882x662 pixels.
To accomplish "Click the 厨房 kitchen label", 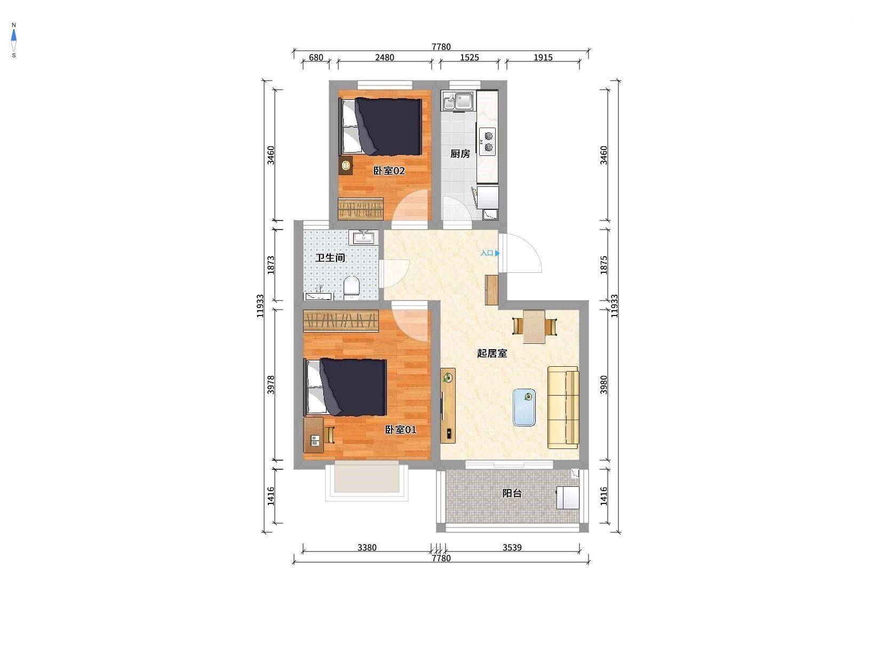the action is coord(460,154).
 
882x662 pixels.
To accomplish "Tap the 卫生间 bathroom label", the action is coord(330,258).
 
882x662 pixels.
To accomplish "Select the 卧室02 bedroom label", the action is coord(389,171).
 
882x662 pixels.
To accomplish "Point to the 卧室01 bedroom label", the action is coord(401,430).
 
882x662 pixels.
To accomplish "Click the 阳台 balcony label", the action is coord(512,493).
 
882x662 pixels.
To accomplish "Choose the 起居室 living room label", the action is coord(492,353).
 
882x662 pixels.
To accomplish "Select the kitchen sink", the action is coord(458,100).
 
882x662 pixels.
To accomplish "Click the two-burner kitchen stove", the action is coord(487,141).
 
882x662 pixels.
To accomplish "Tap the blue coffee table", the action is coord(525,407).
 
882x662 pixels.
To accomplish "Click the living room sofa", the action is coord(563,407).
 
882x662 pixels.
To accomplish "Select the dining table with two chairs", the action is coord(535,326).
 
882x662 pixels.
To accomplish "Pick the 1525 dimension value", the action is coord(470,58).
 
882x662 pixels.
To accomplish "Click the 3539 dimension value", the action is coord(512,547).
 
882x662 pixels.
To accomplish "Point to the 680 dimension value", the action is coord(316,58).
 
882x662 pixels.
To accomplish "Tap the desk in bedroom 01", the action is coord(314,435).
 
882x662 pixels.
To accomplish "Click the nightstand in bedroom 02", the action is coord(346,165).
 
